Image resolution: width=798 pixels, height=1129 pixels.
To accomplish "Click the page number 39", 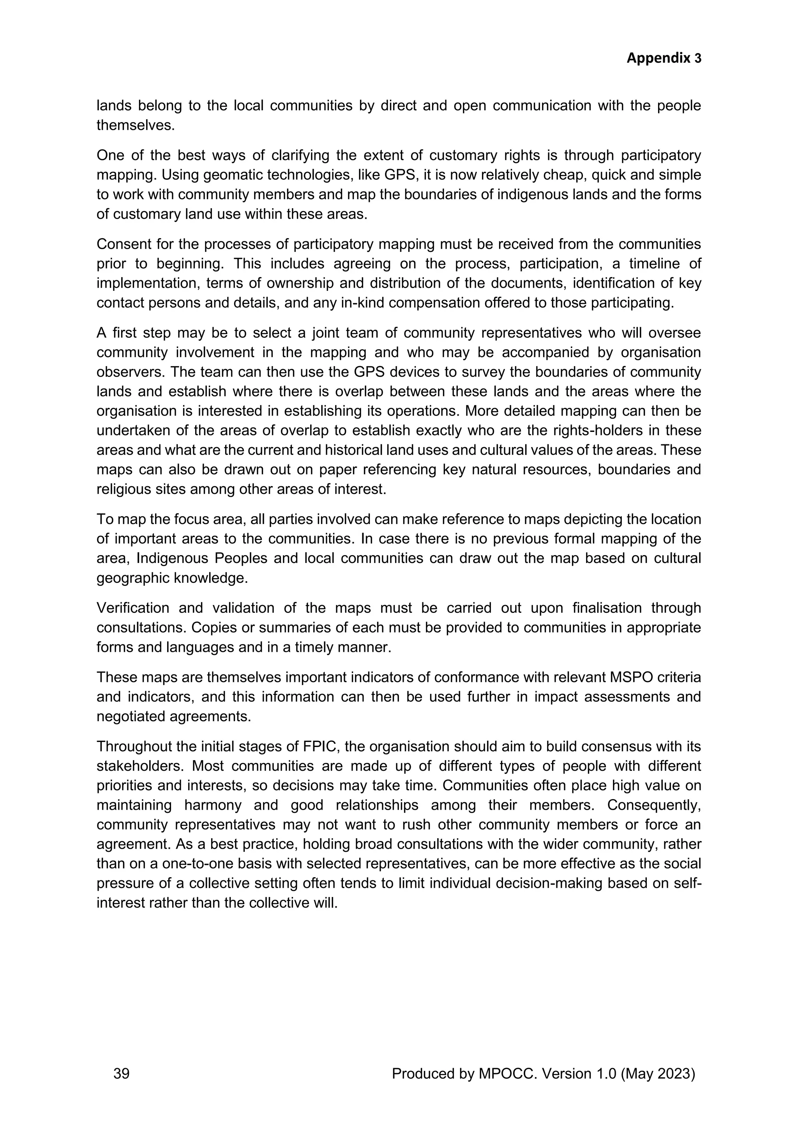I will (x=121, y=1073).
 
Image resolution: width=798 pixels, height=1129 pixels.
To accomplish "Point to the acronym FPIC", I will (x=318, y=747).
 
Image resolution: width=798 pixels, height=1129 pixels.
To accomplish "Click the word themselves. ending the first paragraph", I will (x=136, y=126).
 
